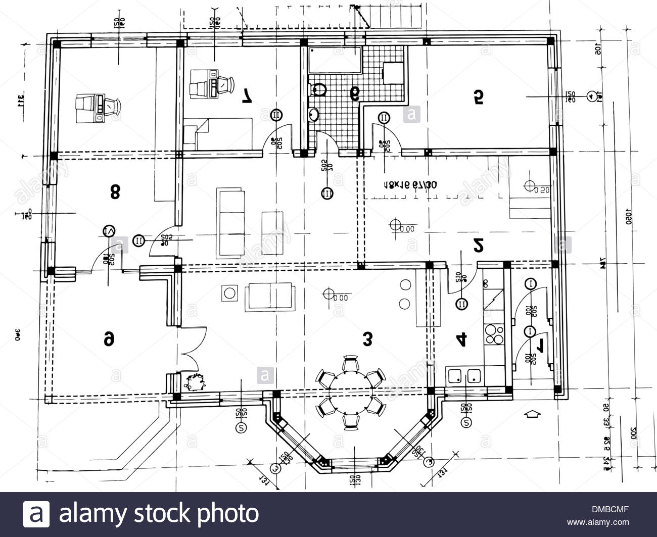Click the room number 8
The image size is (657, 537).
115,191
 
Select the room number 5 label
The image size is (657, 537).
478,96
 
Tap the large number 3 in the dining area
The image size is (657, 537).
367,339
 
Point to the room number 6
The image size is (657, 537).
109,339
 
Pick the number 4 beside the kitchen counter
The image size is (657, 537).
461,340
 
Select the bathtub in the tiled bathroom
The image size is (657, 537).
334,59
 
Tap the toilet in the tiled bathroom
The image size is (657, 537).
319,90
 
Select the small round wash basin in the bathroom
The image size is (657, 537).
313,114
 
